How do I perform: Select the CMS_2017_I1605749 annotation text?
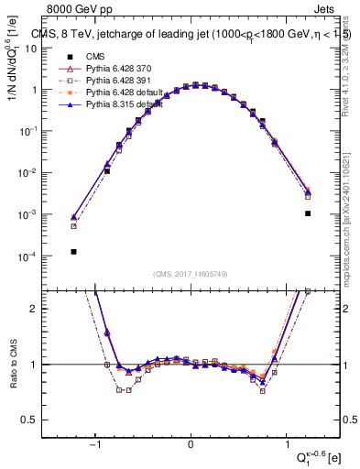point(191,273)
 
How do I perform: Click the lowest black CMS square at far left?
point(73,251)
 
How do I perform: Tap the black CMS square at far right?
point(308,213)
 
